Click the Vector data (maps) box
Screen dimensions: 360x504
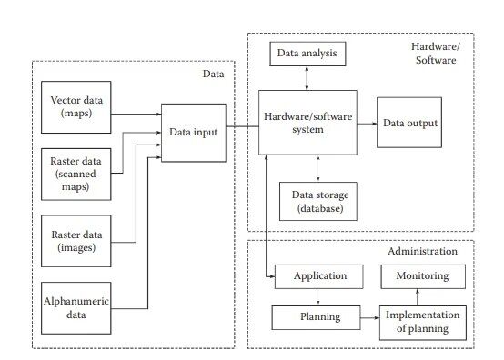(x=77, y=105)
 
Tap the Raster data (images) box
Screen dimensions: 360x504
(x=77, y=240)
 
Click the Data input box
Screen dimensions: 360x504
(x=191, y=133)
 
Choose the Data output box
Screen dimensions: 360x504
(x=409, y=122)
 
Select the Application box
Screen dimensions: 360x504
(x=318, y=276)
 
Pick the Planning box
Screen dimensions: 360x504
(x=318, y=317)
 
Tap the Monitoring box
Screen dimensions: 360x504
(x=421, y=276)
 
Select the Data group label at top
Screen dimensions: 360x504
(x=213, y=73)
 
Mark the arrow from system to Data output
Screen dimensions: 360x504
(x=365, y=122)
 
